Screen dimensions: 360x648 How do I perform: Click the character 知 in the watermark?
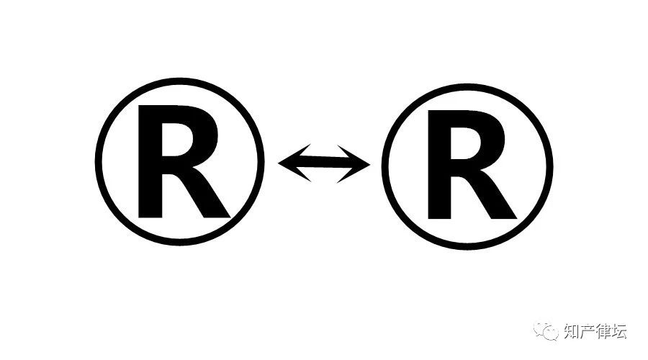569,332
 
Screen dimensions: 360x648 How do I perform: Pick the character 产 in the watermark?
586,332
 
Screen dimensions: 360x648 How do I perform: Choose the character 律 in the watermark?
603,332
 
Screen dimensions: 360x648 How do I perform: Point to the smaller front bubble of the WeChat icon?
551,335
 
